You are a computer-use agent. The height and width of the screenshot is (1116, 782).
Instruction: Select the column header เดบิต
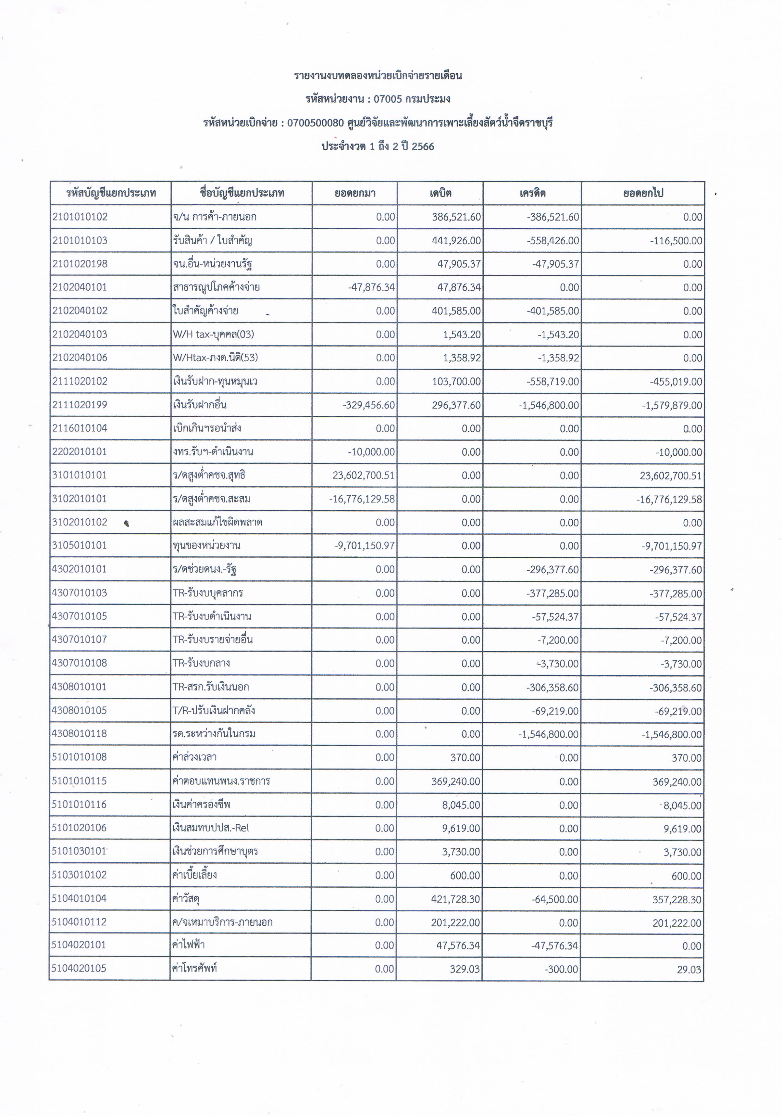pos(440,193)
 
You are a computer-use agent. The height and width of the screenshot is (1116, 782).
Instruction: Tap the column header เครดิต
pos(532,193)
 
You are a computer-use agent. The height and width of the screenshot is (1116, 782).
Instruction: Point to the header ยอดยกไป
pos(643,193)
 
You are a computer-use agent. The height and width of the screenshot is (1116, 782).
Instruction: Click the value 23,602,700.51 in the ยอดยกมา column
pos(363,476)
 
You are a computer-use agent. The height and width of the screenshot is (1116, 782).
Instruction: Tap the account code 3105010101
pos(80,545)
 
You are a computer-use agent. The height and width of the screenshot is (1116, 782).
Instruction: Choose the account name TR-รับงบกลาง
pos(201,663)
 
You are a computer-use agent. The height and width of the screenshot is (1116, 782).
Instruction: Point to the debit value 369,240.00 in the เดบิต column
pos(455,781)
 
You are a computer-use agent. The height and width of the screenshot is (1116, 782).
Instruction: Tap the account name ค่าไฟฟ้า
pos(189,945)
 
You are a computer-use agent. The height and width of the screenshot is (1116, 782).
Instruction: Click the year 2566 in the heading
pos(423,146)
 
